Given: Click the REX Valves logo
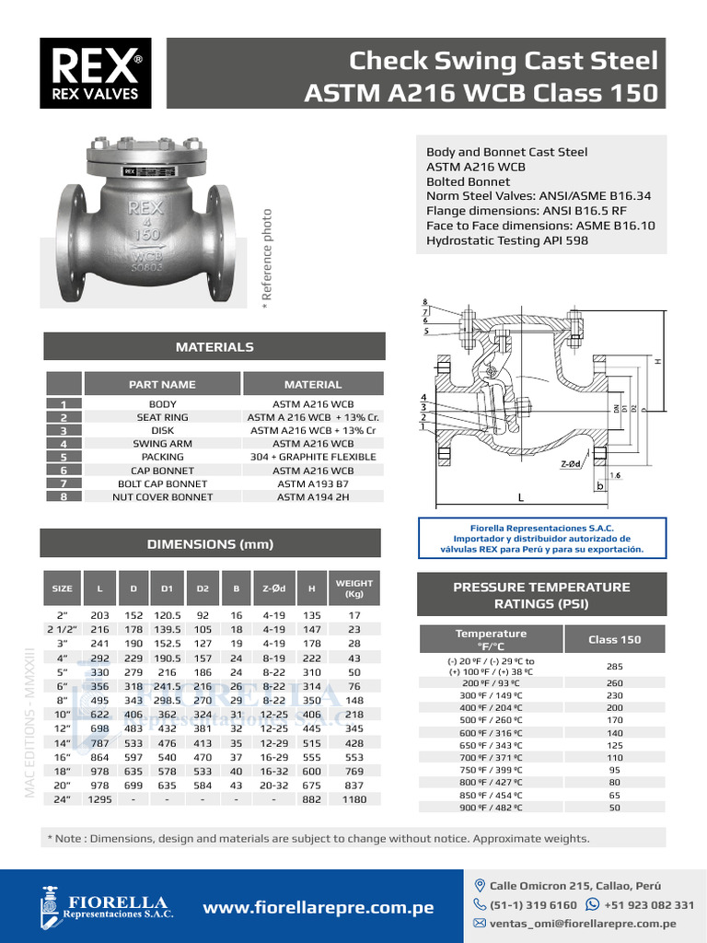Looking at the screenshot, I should [x=96, y=73].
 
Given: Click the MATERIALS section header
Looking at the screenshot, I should [x=214, y=347].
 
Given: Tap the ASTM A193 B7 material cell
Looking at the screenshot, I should [x=313, y=483].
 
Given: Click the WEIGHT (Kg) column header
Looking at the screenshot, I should [x=354, y=588].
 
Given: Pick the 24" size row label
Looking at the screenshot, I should [x=63, y=799].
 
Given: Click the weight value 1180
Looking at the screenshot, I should [x=354, y=799].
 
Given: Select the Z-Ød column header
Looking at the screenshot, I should [x=275, y=588].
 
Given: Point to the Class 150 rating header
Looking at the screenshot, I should [x=614, y=639].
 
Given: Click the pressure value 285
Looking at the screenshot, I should [x=614, y=666].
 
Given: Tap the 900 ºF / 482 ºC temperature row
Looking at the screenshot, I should [x=491, y=808].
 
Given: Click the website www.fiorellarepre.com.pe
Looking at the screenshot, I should [x=318, y=908].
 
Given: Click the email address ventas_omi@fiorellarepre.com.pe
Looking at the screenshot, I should [x=583, y=924].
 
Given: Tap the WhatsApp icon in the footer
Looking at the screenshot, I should [x=593, y=905].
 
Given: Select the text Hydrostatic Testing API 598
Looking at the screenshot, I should [x=507, y=241].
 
